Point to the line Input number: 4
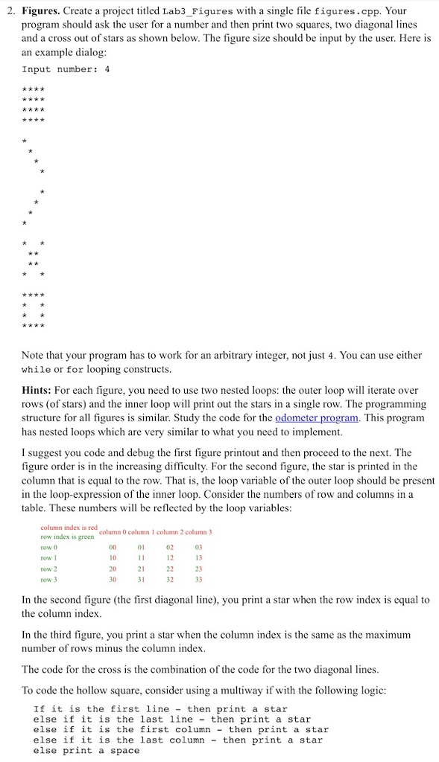click(x=66, y=70)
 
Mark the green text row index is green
click(x=66, y=536)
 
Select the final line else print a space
click(x=86, y=750)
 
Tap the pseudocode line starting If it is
click(x=160, y=708)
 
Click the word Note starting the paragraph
click(x=35, y=356)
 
